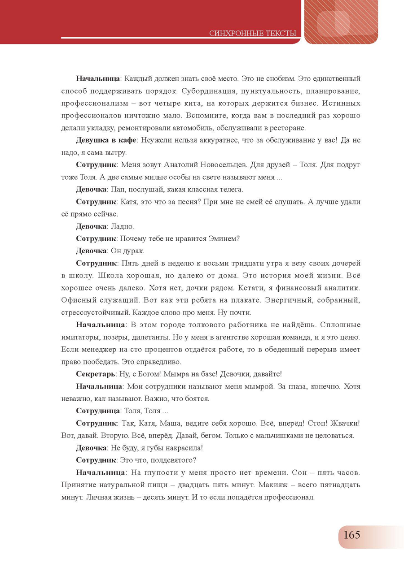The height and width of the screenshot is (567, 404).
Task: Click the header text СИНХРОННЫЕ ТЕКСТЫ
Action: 253,33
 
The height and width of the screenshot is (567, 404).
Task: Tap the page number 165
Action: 352,535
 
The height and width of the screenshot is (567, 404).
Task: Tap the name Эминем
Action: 225,239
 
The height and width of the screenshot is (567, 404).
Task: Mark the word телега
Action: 230,190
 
